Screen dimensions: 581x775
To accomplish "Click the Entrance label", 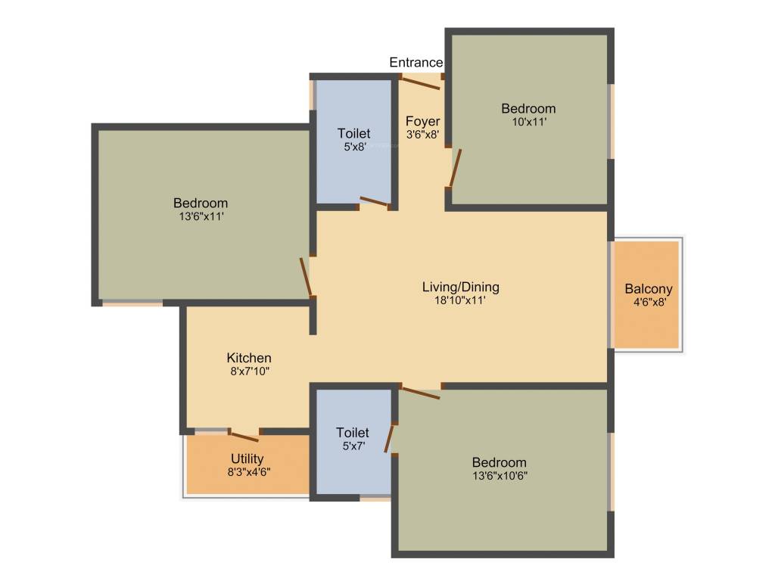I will (416, 63).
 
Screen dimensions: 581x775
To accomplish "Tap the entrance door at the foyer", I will (420, 83).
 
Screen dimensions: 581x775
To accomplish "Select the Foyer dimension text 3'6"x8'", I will (422, 135).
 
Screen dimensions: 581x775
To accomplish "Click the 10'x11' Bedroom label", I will (528, 109).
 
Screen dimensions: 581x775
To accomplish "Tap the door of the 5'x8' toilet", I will (374, 202).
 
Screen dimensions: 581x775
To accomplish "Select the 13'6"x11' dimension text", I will (201, 216).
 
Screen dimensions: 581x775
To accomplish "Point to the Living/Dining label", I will (460, 287).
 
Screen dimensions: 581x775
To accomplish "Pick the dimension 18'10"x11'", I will (460, 300).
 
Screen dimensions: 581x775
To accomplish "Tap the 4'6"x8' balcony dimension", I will (649, 302).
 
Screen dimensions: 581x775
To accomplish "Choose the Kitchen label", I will (249, 358).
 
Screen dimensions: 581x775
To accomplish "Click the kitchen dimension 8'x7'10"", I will (249, 371).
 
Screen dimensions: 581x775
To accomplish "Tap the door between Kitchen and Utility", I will (244, 436).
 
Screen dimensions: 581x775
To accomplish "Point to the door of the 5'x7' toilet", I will (391, 438).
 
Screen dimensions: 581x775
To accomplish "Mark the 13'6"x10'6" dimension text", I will (499, 476).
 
